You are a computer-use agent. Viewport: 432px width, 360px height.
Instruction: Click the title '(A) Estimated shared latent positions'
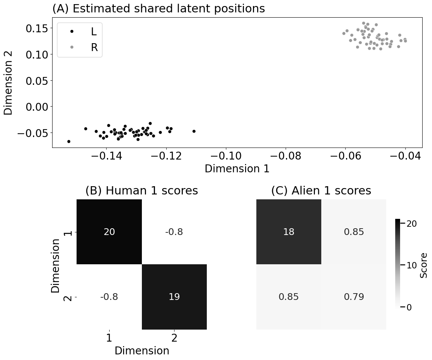coord(158,9)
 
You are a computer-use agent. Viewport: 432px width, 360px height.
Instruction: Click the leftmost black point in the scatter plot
coord(69,142)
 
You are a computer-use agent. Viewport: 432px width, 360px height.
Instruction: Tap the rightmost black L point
coord(194,131)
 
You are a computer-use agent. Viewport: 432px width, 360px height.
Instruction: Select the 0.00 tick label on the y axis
coord(36,107)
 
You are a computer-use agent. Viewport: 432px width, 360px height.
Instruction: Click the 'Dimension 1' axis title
coord(237,169)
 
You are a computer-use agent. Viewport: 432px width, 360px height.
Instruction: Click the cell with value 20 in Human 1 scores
coord(109,232)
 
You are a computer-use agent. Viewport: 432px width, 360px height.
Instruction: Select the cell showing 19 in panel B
coord(174,297)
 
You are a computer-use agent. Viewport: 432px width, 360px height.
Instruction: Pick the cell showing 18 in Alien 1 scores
coord(289,232)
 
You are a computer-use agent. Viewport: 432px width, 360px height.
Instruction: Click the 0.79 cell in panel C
coord(354,297)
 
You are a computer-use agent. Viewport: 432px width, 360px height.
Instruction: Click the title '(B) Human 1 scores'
coord(141,191)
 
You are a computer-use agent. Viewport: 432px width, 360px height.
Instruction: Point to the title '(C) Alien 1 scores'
coord(321,191)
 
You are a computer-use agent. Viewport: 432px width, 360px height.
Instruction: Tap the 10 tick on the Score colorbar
coord(412,265)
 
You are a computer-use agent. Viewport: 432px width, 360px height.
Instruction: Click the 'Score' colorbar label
coord(424,265)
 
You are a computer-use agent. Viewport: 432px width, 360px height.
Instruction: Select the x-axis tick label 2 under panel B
coord(174,338)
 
